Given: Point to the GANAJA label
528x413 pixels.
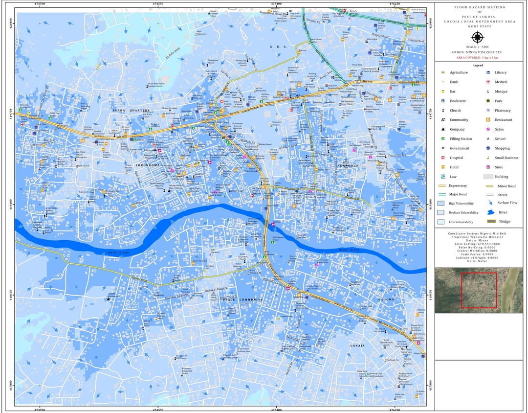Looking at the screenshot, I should pos(357,345).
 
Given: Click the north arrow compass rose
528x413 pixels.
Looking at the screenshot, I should pos(478,37).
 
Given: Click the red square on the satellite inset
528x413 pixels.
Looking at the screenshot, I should pos(479,291).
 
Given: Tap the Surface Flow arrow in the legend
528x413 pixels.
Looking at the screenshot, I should pos(489,203).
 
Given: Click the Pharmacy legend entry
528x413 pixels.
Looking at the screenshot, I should pos(502,111).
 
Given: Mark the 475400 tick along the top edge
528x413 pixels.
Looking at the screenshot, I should pos(276,3).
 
